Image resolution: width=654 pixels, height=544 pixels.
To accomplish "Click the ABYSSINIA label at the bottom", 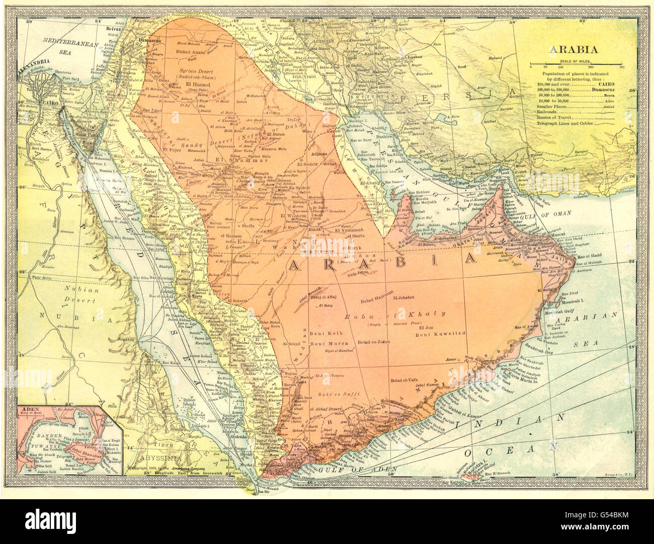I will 159,458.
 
